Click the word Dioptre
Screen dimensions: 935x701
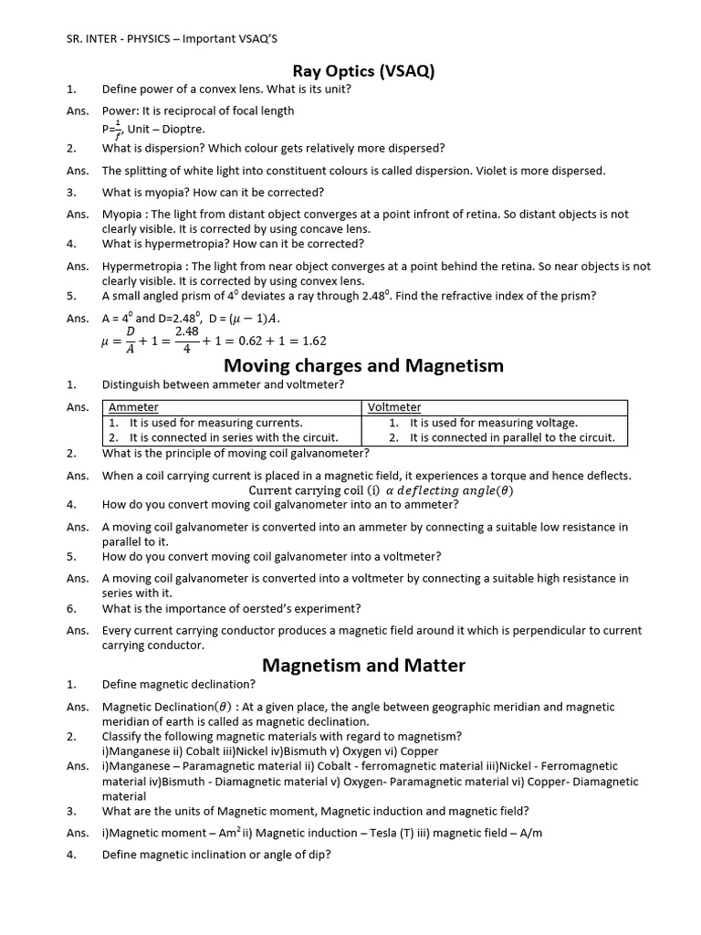pyautogui.click(x=184, y=129)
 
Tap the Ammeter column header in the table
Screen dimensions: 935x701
pyautogui.click(x=133, y=407)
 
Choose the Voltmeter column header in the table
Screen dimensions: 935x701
pyautogui.click(x=394, y=407)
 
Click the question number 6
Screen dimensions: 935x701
pyautogui.click(x=70, y=608)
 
